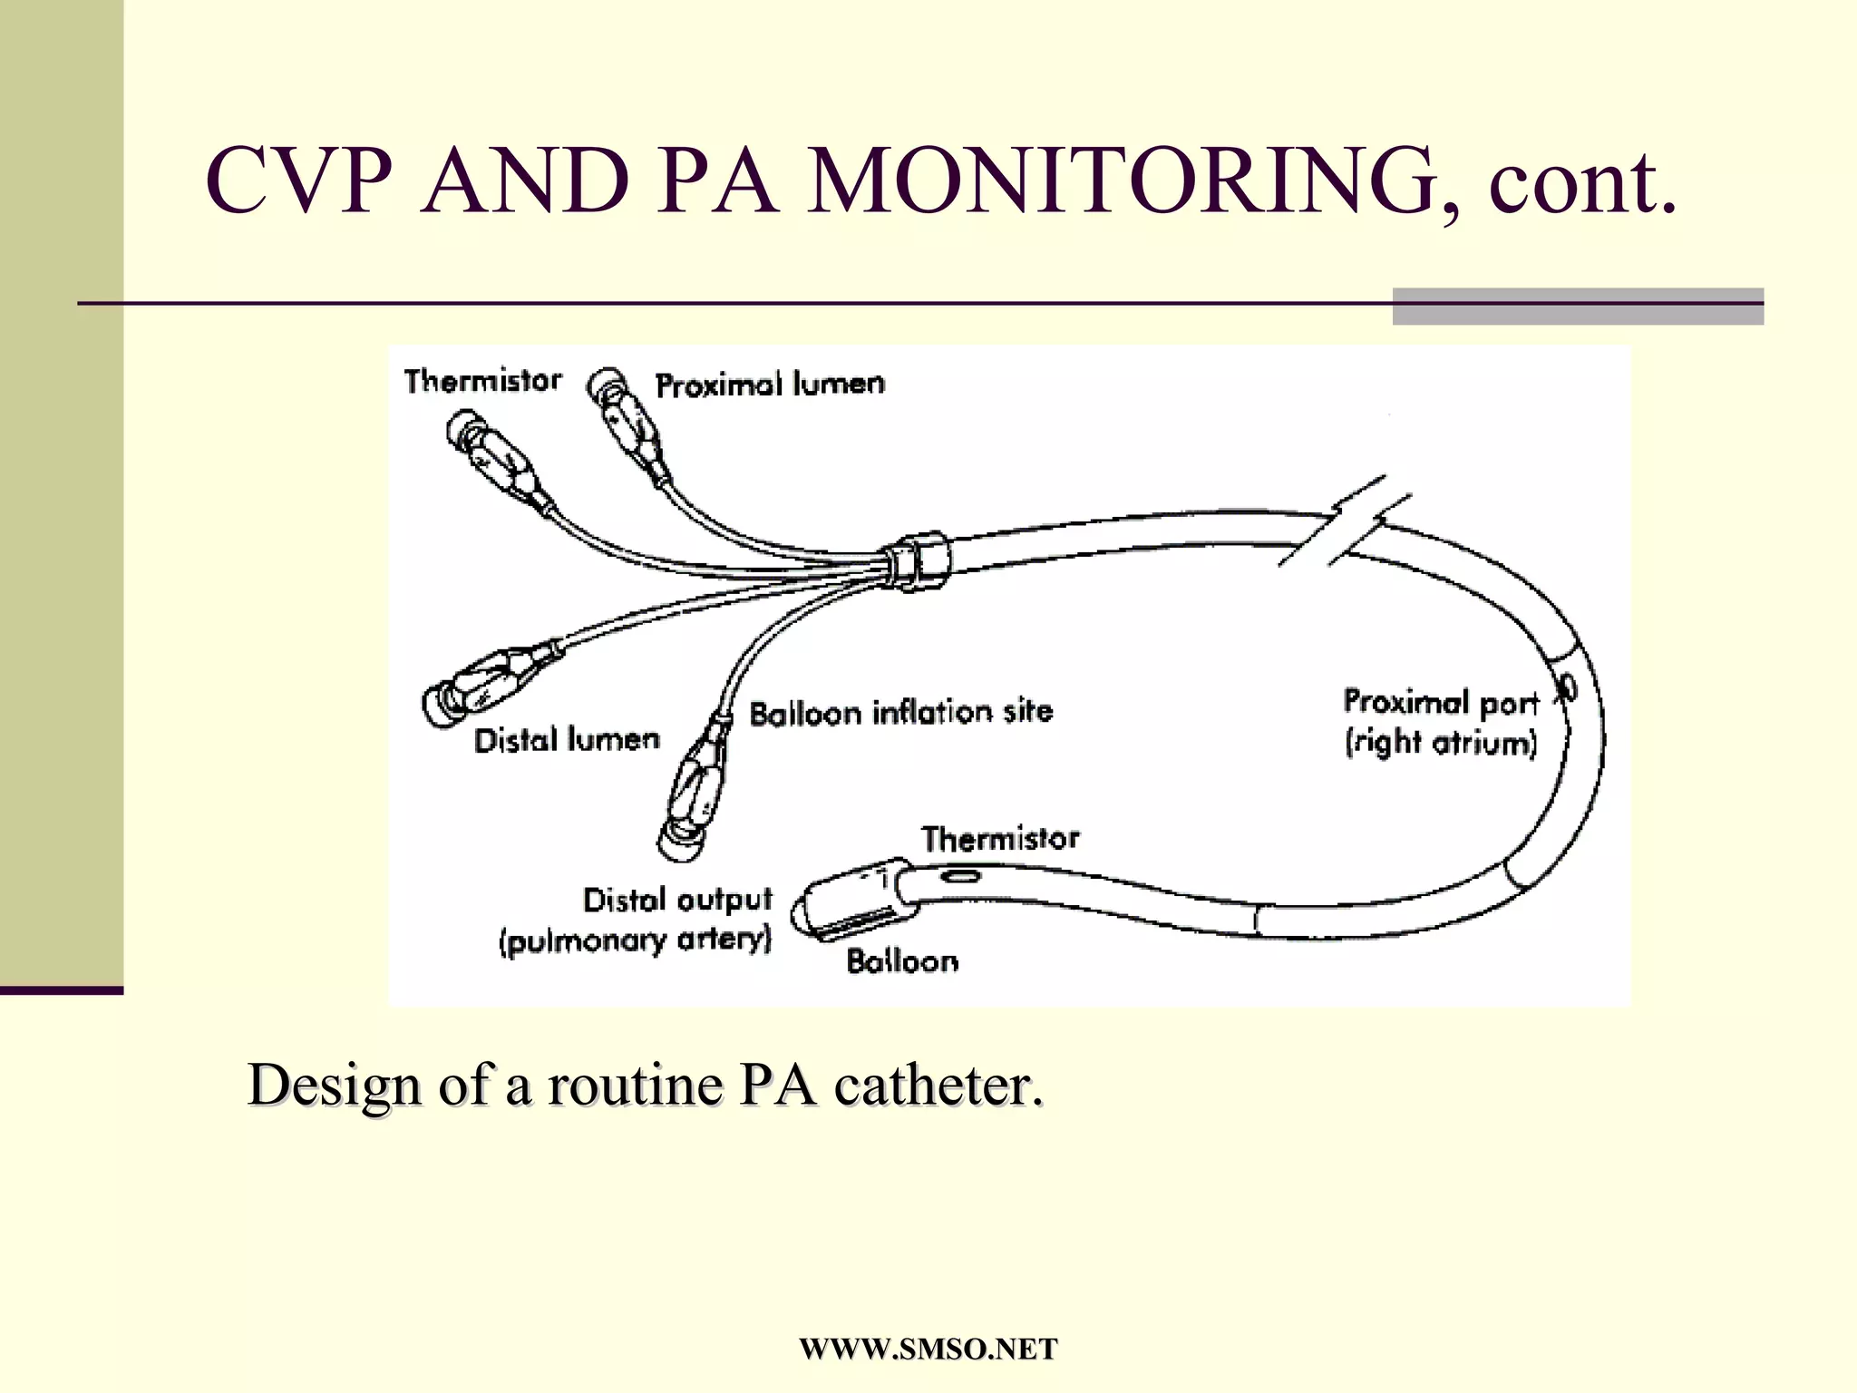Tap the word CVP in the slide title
[299, 181]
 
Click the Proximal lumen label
[770, 385]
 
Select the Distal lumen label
[567, 740]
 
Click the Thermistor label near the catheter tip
[1000, 839]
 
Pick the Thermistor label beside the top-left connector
[482, 381]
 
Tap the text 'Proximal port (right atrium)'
[1441, 723]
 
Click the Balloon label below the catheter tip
[902, 961]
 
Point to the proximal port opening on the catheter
[1567, 688]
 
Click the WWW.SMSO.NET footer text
[928, 1349]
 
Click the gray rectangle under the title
[1578, 306]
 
